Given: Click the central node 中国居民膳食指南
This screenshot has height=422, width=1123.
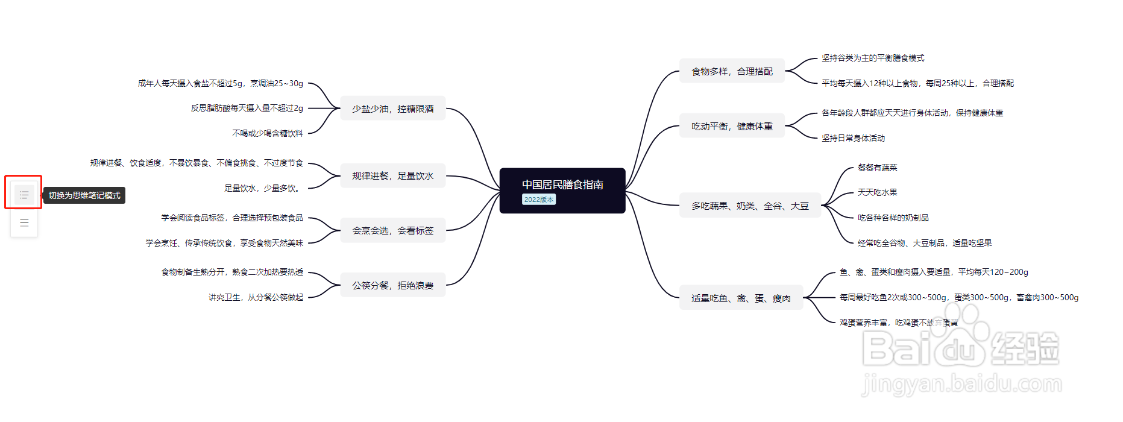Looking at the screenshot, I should click(562, 184).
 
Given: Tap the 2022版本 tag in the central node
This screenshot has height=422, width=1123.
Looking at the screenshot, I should click(538, 200).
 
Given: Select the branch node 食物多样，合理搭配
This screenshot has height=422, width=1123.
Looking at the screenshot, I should click(732, 71).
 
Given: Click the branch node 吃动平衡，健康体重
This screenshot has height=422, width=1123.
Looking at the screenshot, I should click(732, 126).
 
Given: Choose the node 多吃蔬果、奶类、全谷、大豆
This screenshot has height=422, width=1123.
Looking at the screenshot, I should click(750, 206).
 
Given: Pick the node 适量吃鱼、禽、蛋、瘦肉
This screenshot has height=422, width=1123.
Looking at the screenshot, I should click(741, 298).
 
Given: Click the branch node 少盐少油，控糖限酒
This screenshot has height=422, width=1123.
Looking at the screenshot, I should click(393, 109).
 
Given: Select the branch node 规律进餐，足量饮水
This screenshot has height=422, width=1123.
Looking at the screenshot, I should click(393, 175).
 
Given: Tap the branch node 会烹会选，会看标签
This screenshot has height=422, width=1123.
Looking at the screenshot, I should click(393, 230).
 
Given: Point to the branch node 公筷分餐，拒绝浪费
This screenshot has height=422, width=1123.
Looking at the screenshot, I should click(393, 285).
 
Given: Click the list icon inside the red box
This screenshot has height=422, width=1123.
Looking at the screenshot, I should click(24, 195).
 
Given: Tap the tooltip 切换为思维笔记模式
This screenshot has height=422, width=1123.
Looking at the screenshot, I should click(84, 195).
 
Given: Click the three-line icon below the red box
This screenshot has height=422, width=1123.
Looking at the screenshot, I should click(24, 222).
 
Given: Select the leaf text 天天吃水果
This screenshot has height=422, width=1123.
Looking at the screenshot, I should click(877, 192).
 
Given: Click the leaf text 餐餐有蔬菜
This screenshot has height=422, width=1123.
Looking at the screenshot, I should click(877, 168).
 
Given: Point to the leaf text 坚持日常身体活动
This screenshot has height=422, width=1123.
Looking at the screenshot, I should click(853, 138).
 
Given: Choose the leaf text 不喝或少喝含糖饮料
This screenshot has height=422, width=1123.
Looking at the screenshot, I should click(268, 133).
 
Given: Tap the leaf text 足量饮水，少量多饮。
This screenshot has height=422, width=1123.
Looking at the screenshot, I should click(263, 188).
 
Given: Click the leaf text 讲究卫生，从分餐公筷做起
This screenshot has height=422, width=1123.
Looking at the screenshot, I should click(256, 297).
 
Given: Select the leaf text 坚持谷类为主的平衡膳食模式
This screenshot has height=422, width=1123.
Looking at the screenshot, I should click(872, 58).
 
